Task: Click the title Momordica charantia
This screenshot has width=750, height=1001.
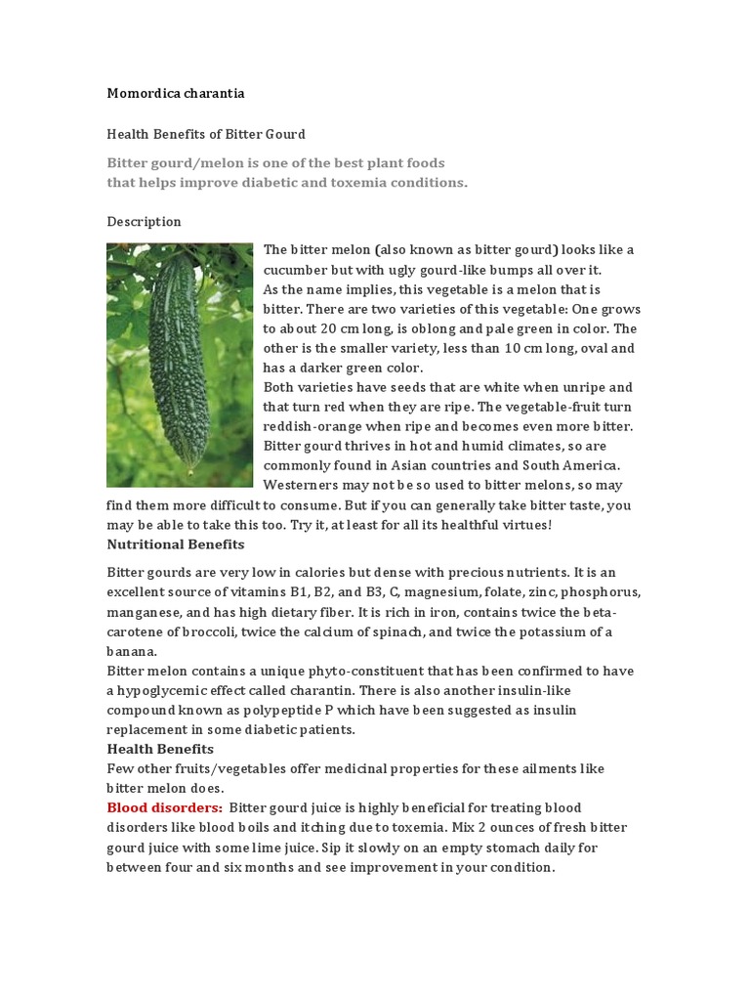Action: [176, 94]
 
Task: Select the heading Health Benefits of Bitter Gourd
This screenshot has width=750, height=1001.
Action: [205, 134]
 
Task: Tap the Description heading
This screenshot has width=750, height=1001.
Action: [144, 222]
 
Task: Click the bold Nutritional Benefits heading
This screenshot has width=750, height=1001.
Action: [176, 544]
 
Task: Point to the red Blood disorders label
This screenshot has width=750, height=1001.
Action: [164, 807]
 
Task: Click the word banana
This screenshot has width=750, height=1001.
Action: [131, 651]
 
